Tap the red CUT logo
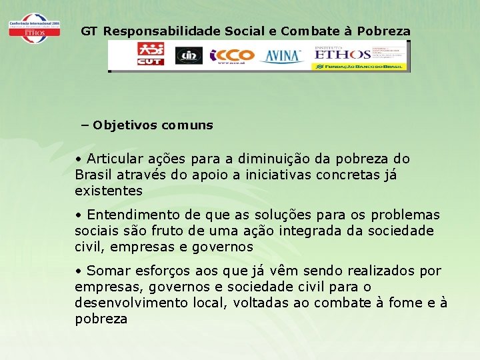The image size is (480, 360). coord(150,55)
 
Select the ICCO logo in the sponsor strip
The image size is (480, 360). coord(232,55)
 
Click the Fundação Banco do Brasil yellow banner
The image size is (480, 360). coord(359,66)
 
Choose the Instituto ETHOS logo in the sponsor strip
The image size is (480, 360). coord(343,53)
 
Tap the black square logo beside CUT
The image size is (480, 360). coord(189,55)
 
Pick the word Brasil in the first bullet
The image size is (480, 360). coord(94,175)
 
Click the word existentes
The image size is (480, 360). coord(109,191)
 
